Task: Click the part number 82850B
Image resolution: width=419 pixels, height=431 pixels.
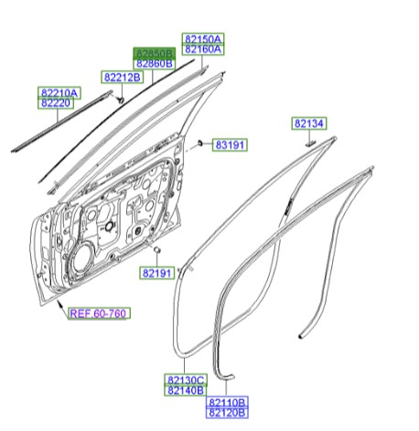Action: pos(155,53)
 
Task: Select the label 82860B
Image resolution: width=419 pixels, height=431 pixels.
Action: pos(155,64)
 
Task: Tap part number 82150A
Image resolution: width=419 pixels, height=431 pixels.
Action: pos(203,39)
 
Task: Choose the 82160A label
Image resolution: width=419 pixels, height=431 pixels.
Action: pos(203,50)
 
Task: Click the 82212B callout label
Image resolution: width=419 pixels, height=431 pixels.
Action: pos(122,78)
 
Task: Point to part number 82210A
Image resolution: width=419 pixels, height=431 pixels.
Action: pos(59,93)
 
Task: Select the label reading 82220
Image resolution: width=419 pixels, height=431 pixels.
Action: pos(59,104)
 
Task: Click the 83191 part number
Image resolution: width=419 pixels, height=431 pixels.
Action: pos(233,145)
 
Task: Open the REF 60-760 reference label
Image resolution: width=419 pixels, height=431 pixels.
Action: pos(101,313)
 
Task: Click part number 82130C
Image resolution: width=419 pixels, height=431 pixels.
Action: pos(186,380)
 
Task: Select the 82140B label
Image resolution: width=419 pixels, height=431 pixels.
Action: pos(186,391)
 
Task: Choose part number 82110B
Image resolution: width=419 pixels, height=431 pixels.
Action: pos(228,402)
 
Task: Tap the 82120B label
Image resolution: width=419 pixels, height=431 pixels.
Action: pos(228,413)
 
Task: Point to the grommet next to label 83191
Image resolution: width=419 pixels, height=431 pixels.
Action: pos(199,144)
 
